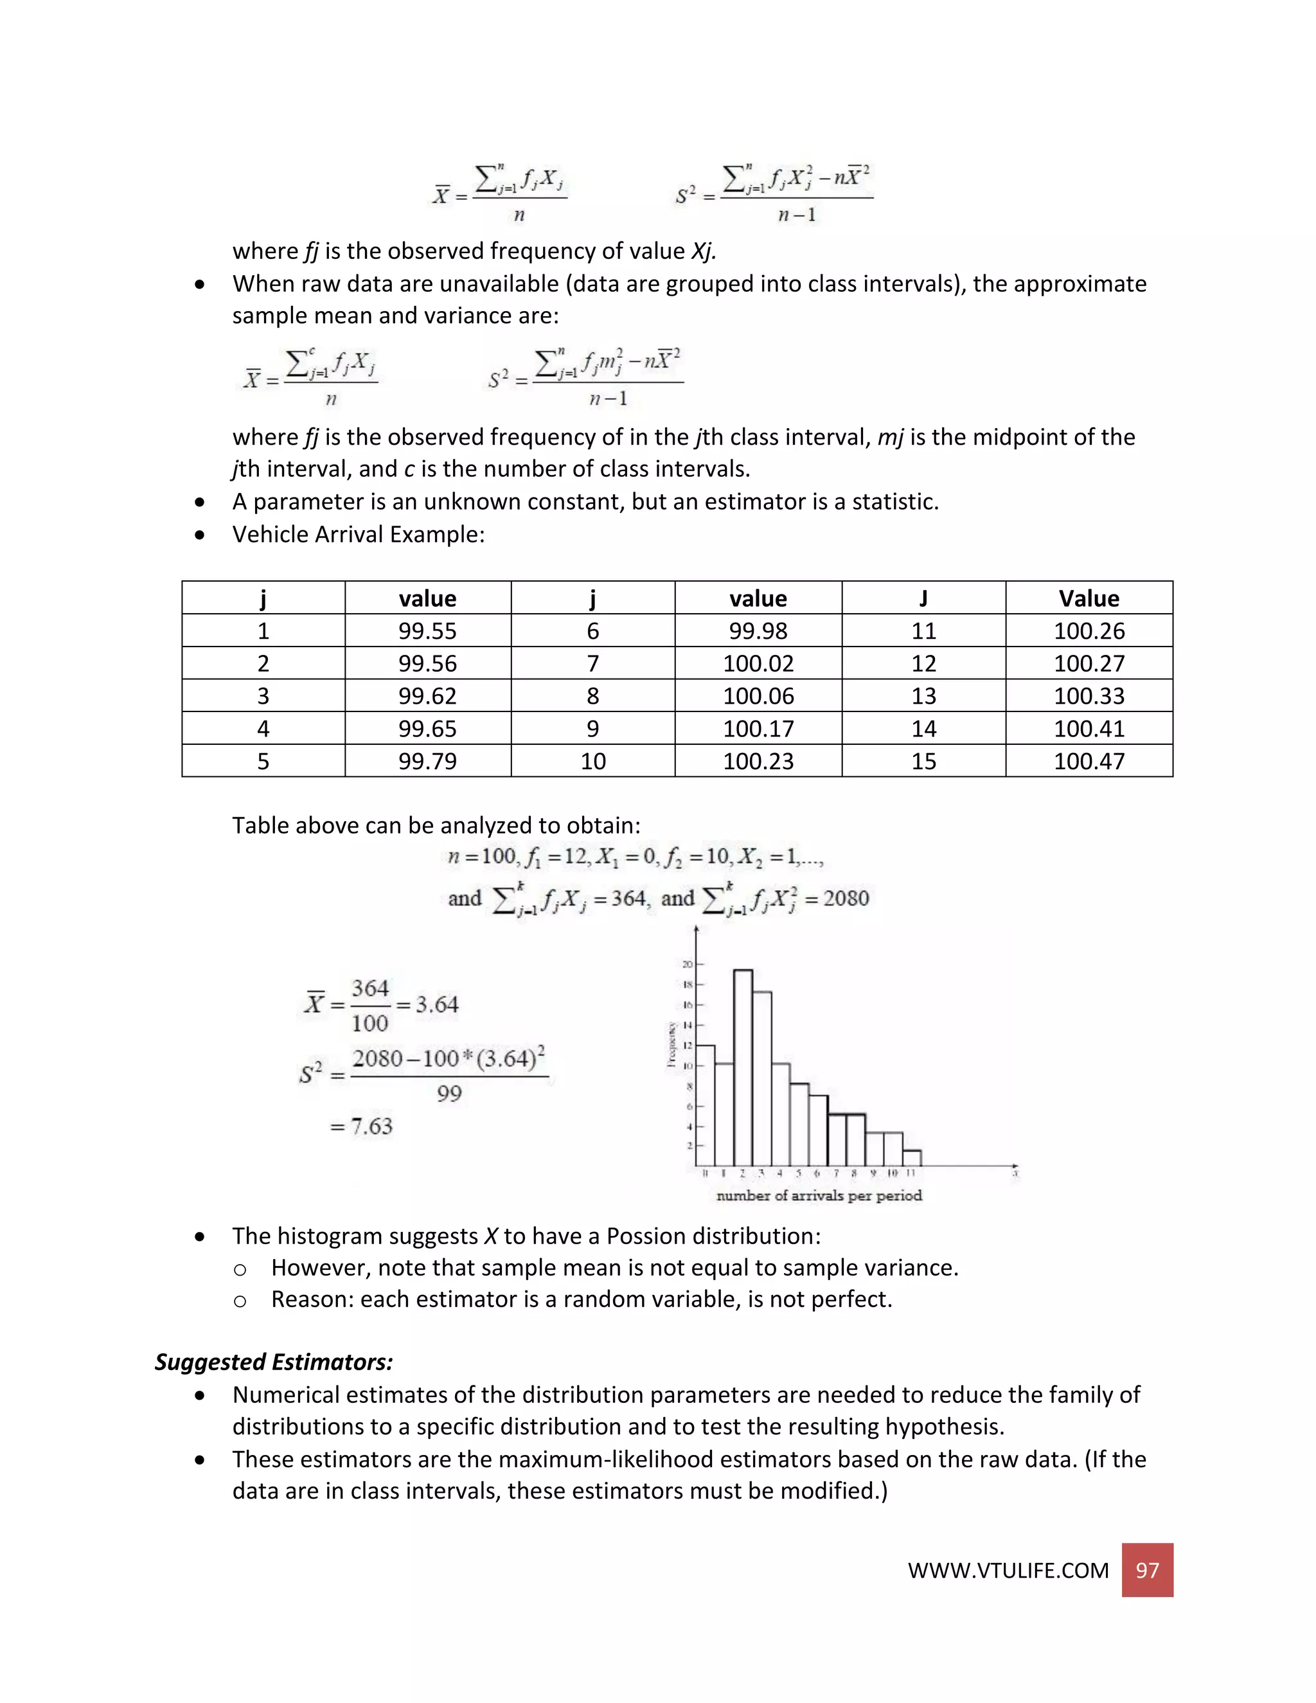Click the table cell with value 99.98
[758, 631]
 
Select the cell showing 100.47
[1089, 761]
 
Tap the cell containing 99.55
[427, 631]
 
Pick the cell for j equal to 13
[923, 695]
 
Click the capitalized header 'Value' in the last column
[1089, 598]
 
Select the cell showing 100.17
[758, 728]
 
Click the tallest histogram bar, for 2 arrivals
[743, 1068]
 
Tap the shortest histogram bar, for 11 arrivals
[912, 1158]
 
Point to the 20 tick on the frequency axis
[688, 965]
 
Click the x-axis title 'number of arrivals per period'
[819, 1195]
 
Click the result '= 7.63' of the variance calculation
[362, 1126]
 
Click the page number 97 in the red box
[1147, 1571]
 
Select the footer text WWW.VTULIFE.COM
[1008, 1571]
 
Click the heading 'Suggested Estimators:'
[274, 1362]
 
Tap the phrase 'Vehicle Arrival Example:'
[359, 534]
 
